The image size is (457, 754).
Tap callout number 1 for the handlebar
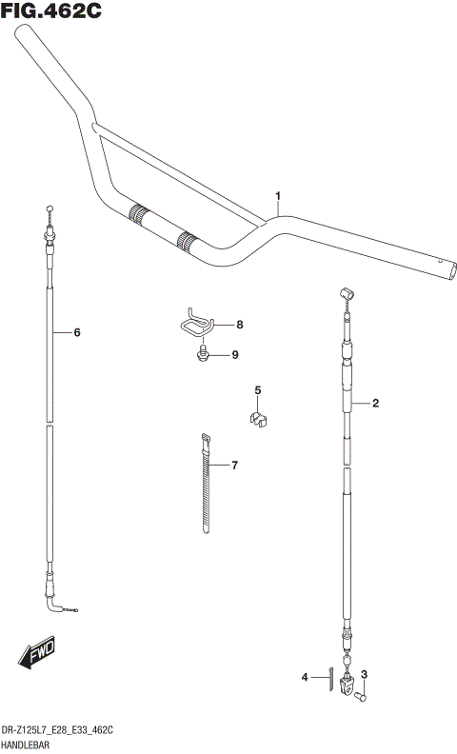tap(278, 197)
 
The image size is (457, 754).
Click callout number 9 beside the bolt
tap(234, 355)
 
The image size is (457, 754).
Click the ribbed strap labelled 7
tap(207, 486)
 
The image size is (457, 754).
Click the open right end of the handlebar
tap(442, 268)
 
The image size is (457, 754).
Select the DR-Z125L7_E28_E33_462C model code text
tap(59, 729)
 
